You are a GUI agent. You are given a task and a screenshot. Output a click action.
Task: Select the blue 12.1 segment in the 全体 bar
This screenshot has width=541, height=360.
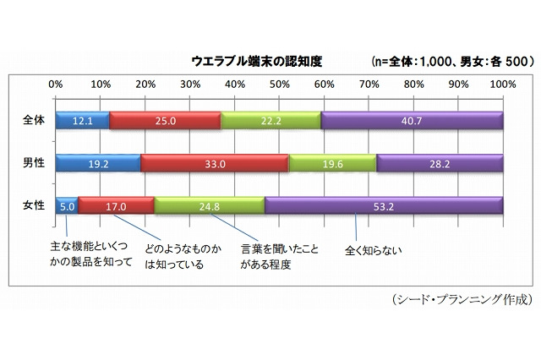click(x=82, y=120)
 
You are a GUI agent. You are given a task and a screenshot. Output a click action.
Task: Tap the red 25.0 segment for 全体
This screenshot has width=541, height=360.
click(x=165, y=120)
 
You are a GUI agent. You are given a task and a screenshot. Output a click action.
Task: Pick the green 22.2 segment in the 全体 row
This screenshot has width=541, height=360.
click(x=270, y=120)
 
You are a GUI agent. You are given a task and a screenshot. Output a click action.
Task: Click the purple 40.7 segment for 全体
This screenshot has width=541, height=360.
click(x=412, y=120)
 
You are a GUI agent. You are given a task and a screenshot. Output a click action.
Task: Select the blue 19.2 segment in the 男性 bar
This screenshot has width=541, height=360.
click(x=98, y=162)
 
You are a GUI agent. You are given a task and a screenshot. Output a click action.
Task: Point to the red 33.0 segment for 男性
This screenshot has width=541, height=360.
click(x=215, y=162)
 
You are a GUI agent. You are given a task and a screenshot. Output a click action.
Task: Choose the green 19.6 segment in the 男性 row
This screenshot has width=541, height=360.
click(x=332, y=162)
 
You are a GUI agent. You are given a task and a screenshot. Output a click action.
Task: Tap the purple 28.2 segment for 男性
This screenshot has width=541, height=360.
click(x=440, y=162)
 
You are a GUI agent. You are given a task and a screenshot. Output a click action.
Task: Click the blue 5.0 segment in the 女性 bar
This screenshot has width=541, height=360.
click(x=66, y=205)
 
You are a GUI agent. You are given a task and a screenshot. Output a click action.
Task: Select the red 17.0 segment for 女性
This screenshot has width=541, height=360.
click(x=116, y=205)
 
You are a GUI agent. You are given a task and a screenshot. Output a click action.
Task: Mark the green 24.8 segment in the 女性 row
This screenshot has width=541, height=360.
click(x=210, y=205)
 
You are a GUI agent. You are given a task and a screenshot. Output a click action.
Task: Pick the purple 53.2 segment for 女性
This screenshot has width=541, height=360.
click(x=384, y=205)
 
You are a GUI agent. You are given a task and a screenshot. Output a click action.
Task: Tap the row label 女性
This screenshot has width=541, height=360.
click(x=32, y=204)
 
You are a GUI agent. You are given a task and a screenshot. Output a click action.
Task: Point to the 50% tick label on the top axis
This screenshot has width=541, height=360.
click(x=279, y=84)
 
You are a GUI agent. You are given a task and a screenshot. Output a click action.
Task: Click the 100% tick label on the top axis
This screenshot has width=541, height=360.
click(x=502, y=84)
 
